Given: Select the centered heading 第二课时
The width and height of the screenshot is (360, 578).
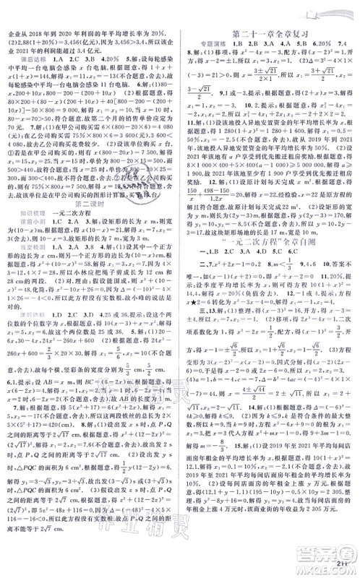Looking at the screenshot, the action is click(90, 220).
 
